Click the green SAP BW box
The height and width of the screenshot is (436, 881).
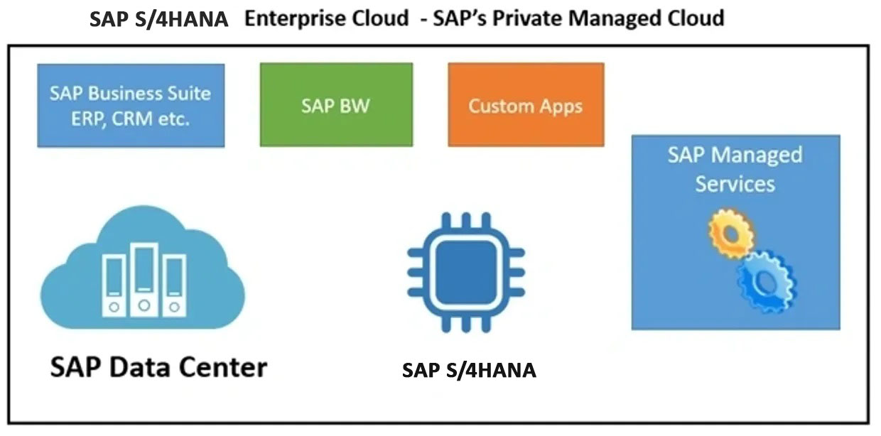pos(335,105)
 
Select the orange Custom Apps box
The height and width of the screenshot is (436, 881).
pos(526,105)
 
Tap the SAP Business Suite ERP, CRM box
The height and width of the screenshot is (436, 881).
pos(131,105)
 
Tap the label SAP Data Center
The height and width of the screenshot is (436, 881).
pos(158,367)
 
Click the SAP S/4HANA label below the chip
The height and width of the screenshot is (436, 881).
pos(469,370)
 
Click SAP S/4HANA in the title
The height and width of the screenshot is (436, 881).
pos(159,19)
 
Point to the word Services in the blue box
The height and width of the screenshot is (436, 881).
pos(735,184)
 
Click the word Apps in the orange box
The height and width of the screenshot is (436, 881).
pos(557,107)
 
